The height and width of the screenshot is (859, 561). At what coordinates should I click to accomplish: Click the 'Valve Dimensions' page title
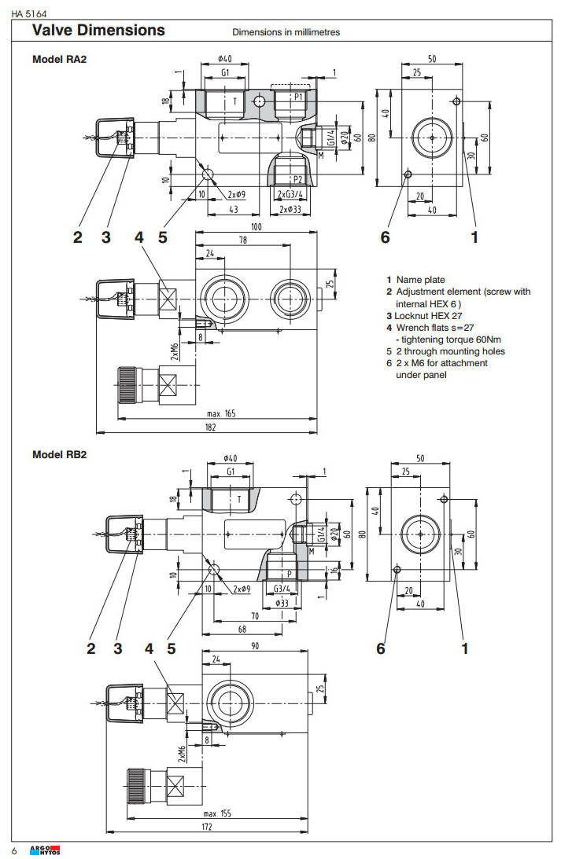[98, 31]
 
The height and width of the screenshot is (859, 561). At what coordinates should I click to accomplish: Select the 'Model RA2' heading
[58, 60]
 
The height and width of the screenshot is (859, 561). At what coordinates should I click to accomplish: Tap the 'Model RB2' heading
[58, 455]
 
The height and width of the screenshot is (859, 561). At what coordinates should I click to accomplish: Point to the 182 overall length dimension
[207, 428]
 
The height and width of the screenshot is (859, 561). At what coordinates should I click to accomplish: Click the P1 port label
[298, 96]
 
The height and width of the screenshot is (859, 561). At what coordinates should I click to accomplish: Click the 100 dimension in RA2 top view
[257, 226]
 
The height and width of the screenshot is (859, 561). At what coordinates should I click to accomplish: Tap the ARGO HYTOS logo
[44, 850]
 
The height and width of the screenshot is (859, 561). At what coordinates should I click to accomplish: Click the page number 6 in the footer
[13, 851]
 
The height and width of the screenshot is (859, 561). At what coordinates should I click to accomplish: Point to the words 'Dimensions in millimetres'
[286, 32]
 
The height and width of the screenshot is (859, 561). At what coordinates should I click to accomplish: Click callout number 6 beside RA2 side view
[385, 236]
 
